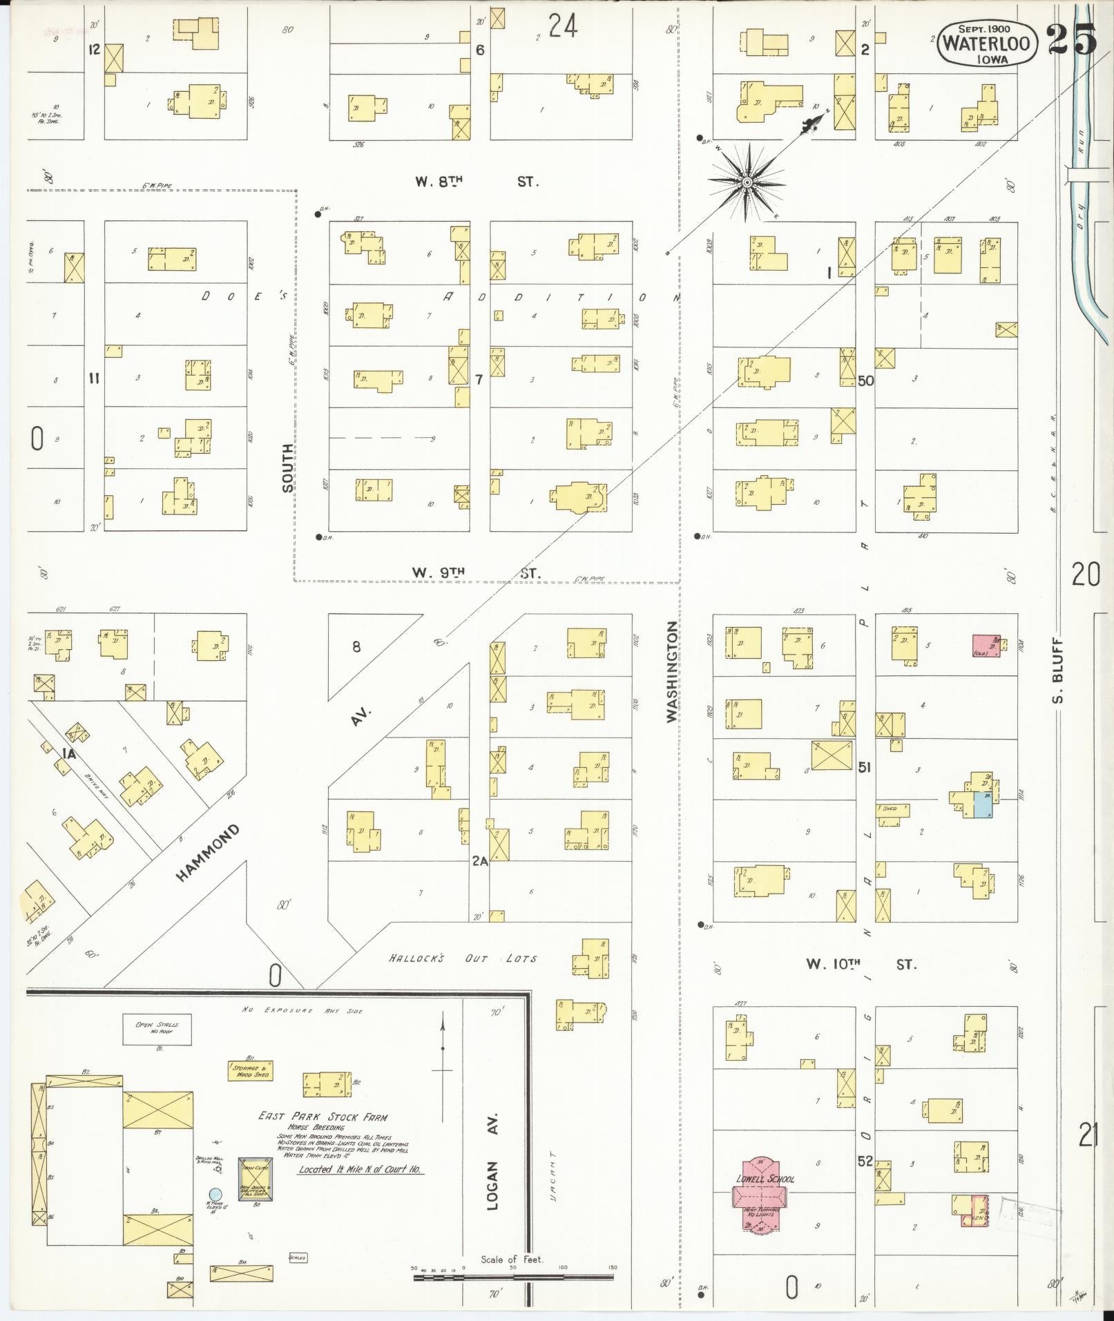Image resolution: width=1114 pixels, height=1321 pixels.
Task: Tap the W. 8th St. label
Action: pos(476,182)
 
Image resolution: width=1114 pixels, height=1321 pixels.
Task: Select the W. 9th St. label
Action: pos(476,572)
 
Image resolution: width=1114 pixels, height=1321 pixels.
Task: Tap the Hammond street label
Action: pos(208,852)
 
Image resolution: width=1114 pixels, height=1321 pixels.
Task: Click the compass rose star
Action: pos(747,182)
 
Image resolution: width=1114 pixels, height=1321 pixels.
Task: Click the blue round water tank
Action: pos(215,1193)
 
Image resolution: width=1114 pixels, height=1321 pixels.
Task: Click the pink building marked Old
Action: pos(986,645)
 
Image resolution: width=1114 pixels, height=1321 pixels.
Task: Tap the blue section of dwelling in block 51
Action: pos(982,805)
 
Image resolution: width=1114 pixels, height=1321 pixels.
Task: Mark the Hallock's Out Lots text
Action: pos(463,958)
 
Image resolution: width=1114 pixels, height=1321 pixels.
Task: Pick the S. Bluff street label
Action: pos(1059,671)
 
